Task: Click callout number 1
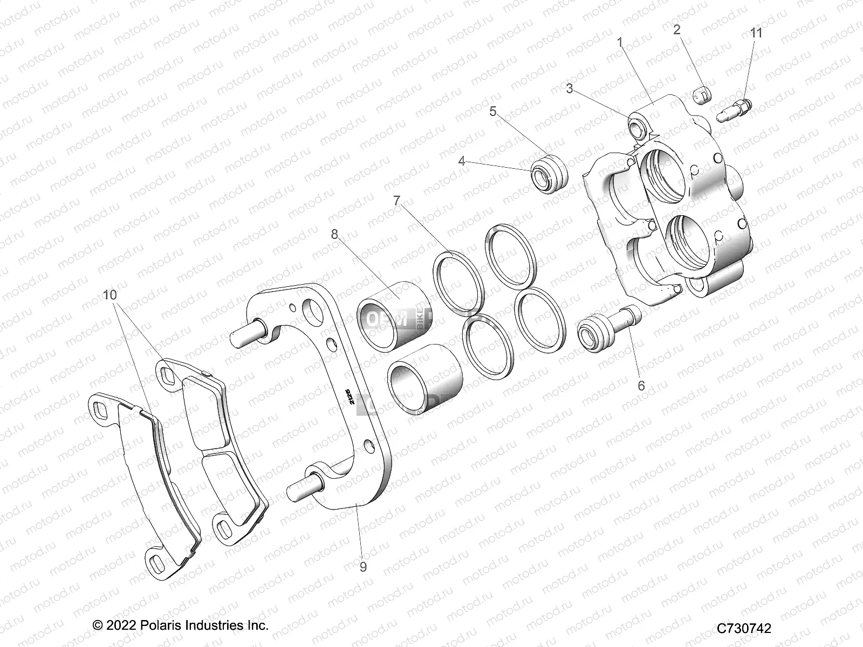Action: coord(620,42)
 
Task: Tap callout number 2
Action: coord(677,30)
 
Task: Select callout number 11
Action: coord(757,33)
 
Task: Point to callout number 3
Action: coord(570,89)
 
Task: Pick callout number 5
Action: coord(492,112)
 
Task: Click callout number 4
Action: coord(462,161)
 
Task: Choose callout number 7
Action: coord(397,201)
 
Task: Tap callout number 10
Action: coord(110,295)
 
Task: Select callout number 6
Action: coord(641,386)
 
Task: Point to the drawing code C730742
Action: coord(744,629)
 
